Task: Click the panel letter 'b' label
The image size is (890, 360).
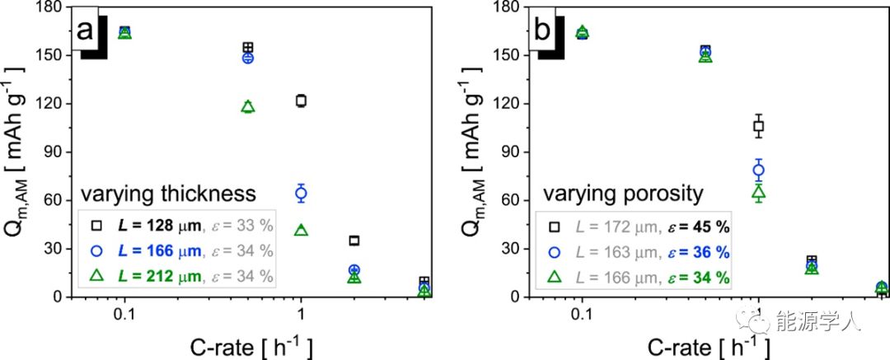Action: pos(543,32)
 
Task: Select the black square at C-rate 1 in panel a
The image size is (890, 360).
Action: pos(301,101)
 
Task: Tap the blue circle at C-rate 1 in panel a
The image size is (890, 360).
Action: pos(301,194)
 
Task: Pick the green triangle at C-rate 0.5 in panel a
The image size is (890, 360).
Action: pos(248,107)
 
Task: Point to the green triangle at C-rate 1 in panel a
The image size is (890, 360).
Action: pos(301,231)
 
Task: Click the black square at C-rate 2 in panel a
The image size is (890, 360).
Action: pos(354,241)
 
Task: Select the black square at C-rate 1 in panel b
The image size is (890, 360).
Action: pos(759,126)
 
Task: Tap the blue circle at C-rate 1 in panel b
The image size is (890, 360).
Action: pos(759,170)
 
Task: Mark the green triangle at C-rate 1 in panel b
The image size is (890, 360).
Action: pos(759,193)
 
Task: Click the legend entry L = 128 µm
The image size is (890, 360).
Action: pos(177,225)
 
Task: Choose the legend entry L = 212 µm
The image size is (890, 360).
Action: pos(177,274)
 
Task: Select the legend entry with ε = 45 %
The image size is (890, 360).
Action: pos(635,225)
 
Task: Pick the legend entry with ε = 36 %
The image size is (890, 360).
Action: pos(635,251)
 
